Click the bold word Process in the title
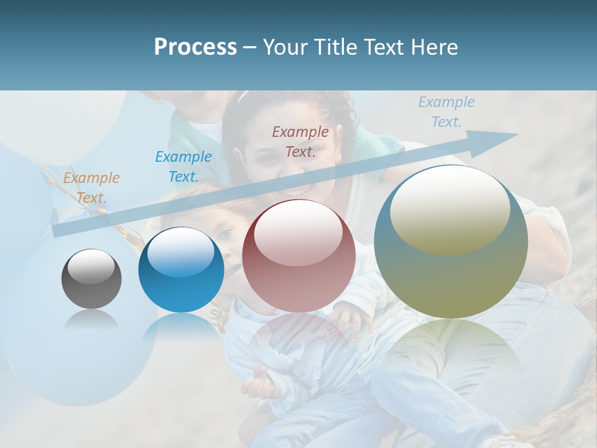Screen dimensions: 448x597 click(x=195, y=47)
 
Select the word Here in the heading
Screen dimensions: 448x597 click(x=435, y=47)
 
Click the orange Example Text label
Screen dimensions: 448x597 click(x=91, y=188)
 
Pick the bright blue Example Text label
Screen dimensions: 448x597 click(x=183, y=167)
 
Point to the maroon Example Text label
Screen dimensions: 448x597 click(x=300, y=141)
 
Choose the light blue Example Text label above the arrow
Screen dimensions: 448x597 click(x=447, y=112)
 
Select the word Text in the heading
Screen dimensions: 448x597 click(x=389, y=47)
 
